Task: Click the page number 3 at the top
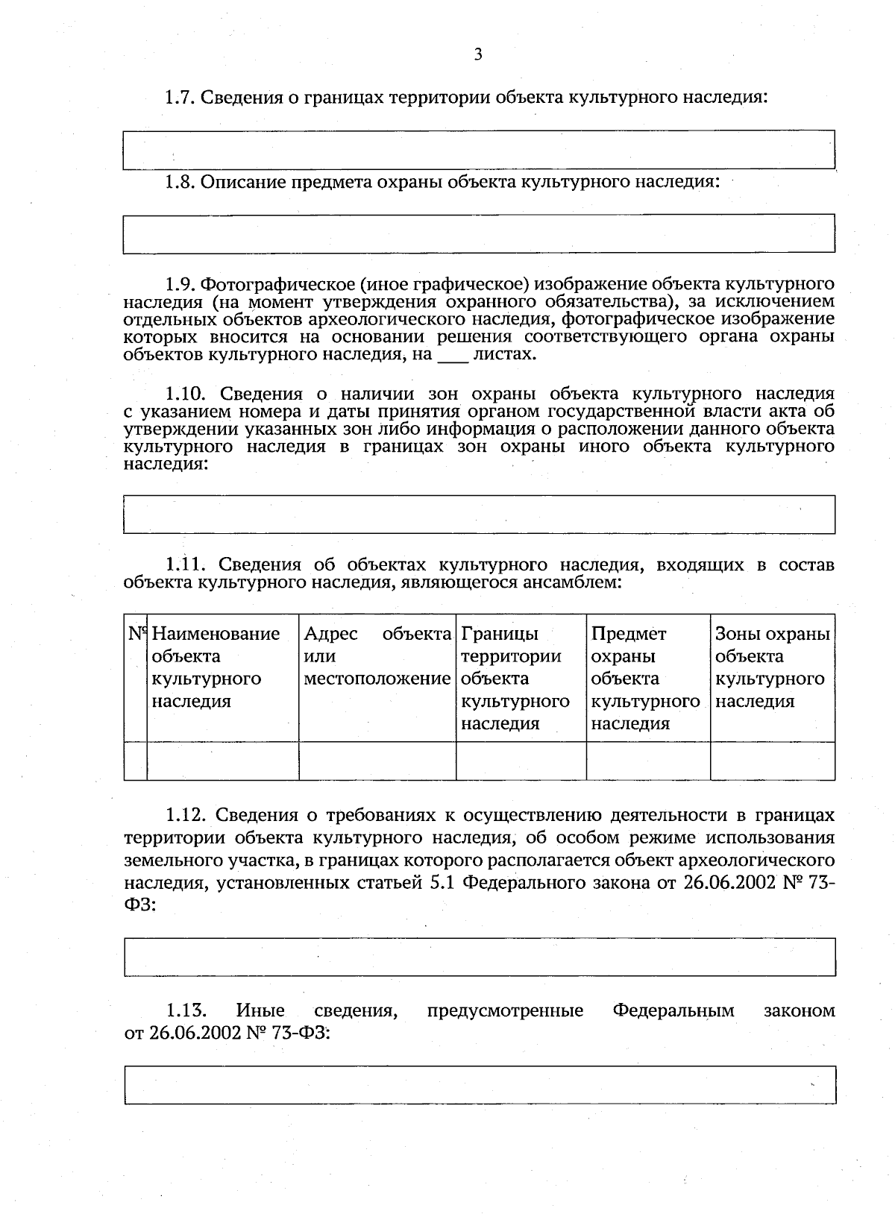pos(478,54)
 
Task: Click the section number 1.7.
pos(180,97)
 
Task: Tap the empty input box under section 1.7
pos(478,150)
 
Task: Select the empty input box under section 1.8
pos(478,234)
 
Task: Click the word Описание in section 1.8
pos(243,182)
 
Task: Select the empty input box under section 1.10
pos(478,515)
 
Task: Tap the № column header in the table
pos(136,635)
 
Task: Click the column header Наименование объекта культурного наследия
pos(216,667)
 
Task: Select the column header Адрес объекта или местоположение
pos(377,656)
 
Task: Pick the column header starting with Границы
pos(515,679)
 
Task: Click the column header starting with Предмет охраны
pos(646,679)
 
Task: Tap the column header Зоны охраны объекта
pos(772,667)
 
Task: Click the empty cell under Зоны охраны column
pos(772,761)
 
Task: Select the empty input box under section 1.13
pos(478,1085)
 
